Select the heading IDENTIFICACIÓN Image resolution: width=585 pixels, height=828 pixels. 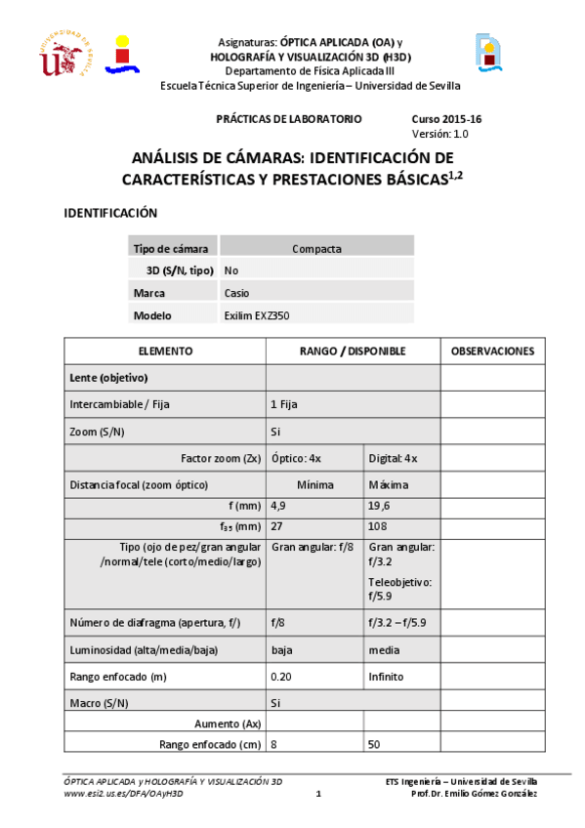110,213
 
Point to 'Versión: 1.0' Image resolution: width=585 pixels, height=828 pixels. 439,133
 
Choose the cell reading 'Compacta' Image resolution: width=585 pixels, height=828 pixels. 316,248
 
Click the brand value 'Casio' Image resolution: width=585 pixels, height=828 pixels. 236,293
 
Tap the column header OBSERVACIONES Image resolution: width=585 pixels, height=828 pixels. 492,351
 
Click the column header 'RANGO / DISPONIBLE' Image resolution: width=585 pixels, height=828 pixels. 353,351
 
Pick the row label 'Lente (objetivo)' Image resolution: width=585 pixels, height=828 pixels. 107,377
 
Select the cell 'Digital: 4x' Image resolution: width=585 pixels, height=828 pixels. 393,458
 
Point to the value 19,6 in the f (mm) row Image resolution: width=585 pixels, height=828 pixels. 380,506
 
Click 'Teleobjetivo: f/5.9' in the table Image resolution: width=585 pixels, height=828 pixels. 401,588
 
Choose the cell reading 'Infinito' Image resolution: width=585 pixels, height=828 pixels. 386,676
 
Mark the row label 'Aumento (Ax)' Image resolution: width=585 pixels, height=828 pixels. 224,724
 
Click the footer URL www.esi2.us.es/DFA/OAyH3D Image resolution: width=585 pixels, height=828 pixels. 123,794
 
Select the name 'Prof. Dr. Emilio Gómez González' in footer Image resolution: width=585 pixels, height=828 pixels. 475,794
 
